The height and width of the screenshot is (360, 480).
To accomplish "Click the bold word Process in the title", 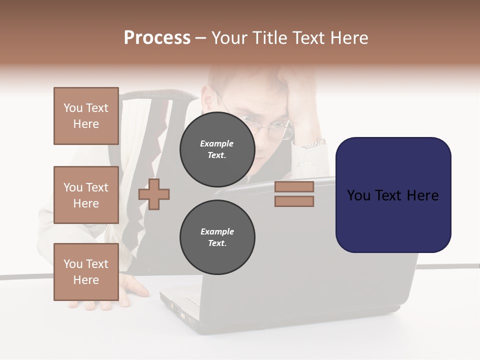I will point(157,38).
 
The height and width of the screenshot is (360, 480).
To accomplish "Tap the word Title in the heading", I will point(268,38).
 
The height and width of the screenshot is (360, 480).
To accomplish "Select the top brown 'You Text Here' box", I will point(86,116).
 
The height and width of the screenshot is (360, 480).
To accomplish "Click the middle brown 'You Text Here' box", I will point(86,195).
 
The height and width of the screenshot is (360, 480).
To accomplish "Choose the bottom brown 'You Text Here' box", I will point(86,272).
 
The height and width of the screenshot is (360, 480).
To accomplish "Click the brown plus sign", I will point(154,194).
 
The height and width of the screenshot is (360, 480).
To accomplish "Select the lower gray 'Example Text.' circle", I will point(217,237).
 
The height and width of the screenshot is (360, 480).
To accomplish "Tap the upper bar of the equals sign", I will point(294,186).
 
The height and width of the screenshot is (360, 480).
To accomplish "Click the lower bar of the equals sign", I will point(294,201).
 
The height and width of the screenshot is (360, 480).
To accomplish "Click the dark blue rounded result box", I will point(393,195).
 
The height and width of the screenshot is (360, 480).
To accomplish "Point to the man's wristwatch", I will point(314,144).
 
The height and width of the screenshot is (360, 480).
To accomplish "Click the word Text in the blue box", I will point(392,195).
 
